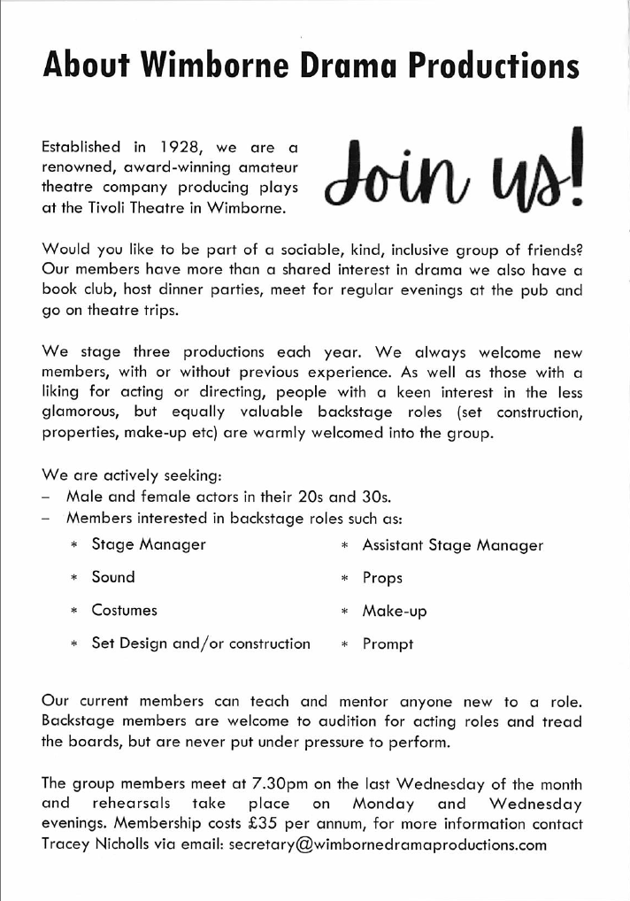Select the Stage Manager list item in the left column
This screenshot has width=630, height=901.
(x=149, y=544)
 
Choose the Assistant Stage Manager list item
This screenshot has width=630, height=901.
(x=452, y=545)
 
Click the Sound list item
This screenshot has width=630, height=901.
(x=113, y=577)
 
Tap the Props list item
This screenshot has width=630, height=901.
(x=382, y=578)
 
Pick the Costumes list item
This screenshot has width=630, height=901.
(x=124, y=610)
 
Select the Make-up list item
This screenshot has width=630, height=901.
(x=394, y=611)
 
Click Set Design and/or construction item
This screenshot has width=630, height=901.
(x=201, y=643)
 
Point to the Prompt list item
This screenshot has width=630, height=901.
(x=388, y=644)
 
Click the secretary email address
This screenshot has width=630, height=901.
(x=388, y=844)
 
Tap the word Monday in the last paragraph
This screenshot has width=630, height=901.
(x=386, y=805)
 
